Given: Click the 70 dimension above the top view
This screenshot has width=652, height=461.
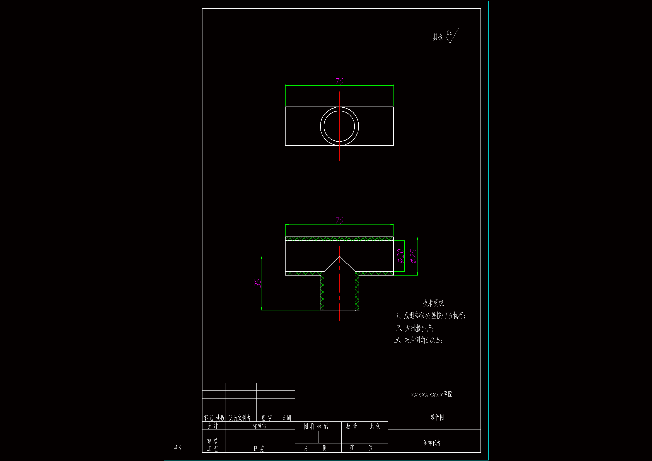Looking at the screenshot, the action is (339, 81).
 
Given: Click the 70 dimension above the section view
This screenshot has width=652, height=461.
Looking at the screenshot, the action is (339, 220).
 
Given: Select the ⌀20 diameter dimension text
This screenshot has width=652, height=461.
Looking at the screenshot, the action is (401, 256).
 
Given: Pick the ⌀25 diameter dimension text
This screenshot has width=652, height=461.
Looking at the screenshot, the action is (414, 256).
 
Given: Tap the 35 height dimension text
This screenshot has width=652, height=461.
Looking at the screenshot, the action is (258, 283).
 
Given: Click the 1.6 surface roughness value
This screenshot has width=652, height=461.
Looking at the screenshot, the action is (449, 33).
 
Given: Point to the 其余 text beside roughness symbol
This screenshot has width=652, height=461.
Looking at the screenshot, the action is (438, 37).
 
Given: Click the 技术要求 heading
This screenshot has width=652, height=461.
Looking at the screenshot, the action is (433, 303).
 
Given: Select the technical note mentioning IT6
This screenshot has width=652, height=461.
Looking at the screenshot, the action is (431, 316).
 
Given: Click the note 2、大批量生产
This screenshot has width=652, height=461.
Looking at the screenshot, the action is (415, 328).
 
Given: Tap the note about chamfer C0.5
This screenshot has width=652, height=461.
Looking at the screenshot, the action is (418, 340).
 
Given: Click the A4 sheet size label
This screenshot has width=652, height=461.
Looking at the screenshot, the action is (177, 448).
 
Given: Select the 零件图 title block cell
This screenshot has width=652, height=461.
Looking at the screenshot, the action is (437, 417).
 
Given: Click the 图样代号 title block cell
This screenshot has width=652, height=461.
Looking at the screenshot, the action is (432, 443).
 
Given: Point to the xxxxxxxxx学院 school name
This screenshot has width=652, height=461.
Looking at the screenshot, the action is (431, 394).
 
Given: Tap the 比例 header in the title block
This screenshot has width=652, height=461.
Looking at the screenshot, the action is (375, 426).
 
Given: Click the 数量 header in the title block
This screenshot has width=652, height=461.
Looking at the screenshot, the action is (352, 426).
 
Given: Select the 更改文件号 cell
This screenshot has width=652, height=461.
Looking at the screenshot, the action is (240, 418).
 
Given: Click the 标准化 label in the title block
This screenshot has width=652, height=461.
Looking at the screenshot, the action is (260, 426).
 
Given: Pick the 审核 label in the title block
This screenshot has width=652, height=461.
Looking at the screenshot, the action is (212, 441).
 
